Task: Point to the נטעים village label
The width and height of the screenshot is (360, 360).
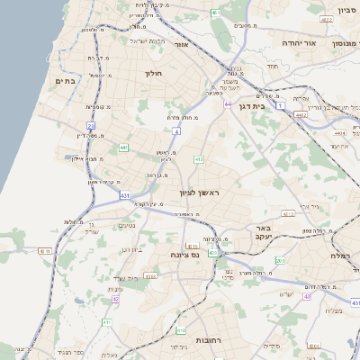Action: (x=127, y=225)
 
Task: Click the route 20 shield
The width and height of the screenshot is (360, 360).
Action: (x=91, y=126)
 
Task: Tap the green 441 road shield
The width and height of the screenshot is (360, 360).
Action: (x=122, y=148)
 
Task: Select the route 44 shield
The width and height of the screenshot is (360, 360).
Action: (x=228, y=104)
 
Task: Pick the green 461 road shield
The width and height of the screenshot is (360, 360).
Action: (x=216, y=12)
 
